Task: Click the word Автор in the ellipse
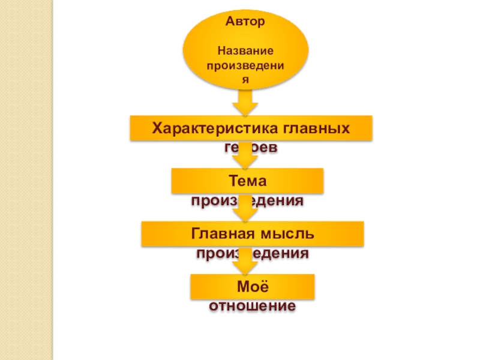tap(245, 22)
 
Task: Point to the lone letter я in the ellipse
tap(245, 78)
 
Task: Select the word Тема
tap(247, 180)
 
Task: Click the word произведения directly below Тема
tap(247, 200)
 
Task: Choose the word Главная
tap(221, 233)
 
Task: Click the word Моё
tap(251, 286)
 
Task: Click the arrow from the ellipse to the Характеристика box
tap(245, 103)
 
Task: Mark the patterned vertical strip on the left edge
tap(26, 180)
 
